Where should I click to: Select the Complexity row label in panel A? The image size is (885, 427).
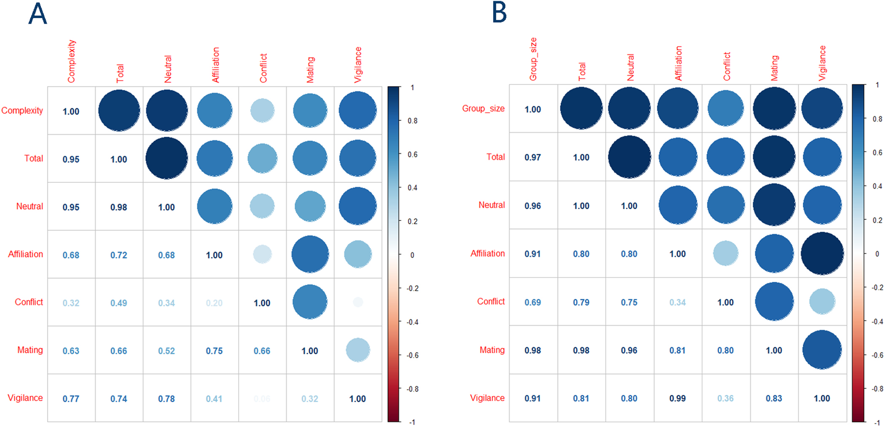[x=22, y=111]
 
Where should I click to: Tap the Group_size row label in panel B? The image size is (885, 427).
[x=483, y=108]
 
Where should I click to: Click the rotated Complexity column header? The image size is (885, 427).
[x=72, y=62]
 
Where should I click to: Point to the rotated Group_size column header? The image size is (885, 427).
[x=533, y=59]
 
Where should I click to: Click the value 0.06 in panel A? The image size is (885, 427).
[x=262, y=399]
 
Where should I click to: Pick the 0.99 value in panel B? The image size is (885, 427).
[x=677, y=398]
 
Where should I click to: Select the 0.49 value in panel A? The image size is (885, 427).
[x=118, y=303]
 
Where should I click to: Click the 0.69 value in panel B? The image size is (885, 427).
[x=533, y=302]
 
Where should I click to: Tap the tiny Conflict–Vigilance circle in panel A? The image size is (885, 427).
[x=358, y=302]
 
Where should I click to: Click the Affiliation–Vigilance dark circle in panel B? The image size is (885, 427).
[x=822, y=254]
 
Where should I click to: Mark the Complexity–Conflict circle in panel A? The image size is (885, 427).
[x=262, y=111]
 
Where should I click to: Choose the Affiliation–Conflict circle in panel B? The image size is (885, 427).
[x=726, y=254]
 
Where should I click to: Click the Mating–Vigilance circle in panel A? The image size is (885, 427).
[x=358, y=350]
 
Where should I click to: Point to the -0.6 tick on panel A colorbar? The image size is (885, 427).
[x=413, y=355]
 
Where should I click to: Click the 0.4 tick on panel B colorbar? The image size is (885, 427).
[x=877, y=186]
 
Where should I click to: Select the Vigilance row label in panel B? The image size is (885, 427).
[x=487, y=398]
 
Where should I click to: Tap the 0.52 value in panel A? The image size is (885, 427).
[x=166, y=351]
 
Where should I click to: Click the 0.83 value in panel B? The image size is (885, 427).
[x=774, y=398]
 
